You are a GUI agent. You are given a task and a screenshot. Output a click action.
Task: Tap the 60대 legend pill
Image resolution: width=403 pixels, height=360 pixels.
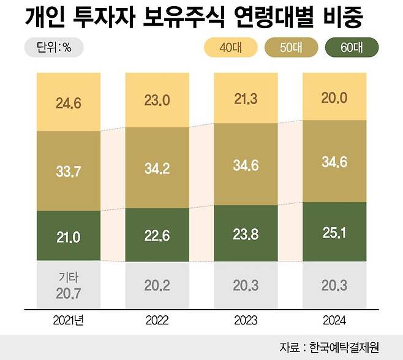click(352, 47)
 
